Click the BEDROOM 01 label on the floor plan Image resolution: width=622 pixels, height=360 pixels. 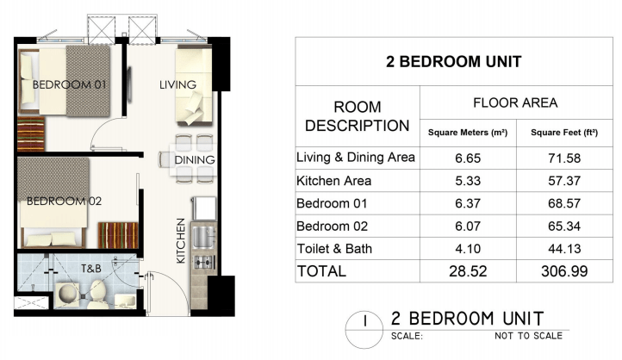point(70,84)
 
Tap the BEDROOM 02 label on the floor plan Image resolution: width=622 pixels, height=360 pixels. point(65,202)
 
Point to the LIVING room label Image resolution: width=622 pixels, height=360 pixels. point(177,85)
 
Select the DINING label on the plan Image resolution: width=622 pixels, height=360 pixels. point(195,160)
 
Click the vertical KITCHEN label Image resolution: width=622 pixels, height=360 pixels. point(181,240)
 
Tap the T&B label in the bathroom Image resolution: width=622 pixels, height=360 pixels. point(91,269)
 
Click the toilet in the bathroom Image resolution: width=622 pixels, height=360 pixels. point(96,295)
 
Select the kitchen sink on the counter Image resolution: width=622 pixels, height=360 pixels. point(204,237)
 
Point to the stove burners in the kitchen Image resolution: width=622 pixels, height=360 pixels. point(204,262)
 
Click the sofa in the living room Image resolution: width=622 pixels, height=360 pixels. point(194,86)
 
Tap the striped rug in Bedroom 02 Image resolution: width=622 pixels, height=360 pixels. point(118,235)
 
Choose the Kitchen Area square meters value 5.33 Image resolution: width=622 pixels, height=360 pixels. point(468,181)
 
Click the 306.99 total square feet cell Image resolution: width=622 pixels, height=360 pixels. point(564,271)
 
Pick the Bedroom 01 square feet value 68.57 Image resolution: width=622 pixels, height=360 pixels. point(564,203)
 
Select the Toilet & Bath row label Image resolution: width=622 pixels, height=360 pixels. point(334,249)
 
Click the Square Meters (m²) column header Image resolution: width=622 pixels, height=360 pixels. point(468,133)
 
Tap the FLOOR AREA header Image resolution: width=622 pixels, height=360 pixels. point(515,103)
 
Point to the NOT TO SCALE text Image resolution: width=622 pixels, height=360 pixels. point(528,336)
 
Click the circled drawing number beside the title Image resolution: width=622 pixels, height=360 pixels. point(364,329)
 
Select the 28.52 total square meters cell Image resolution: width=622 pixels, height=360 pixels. point(468,271)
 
